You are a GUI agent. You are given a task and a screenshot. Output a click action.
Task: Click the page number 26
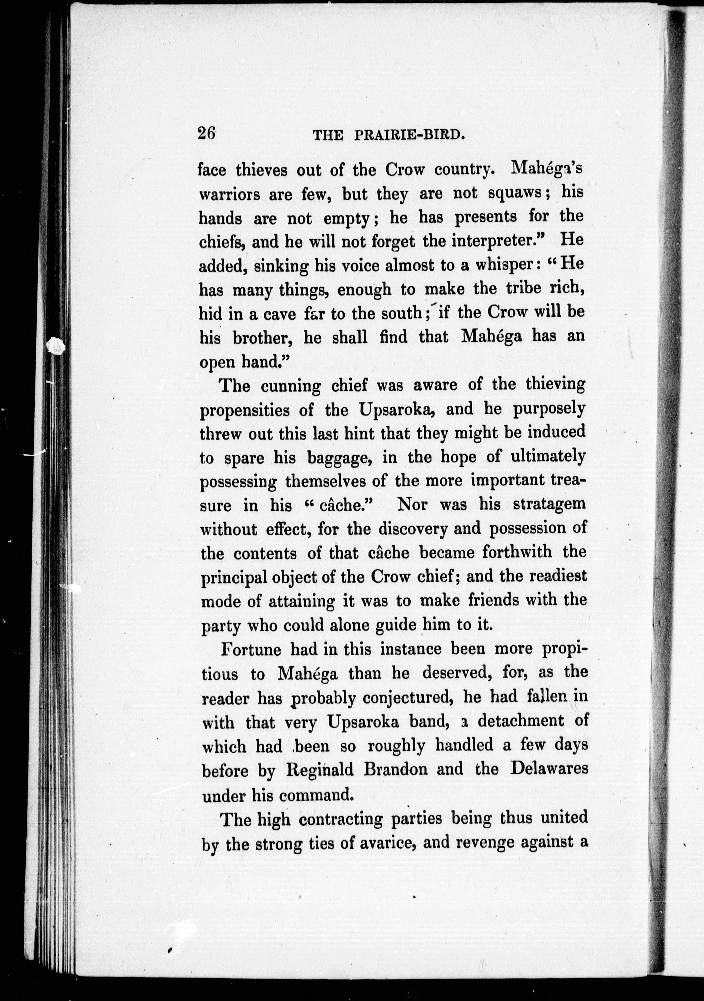click(x=207, y=132)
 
